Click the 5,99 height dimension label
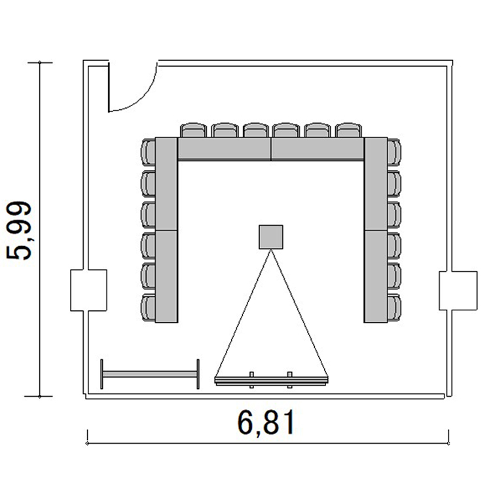pos(19,230)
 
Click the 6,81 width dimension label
pos(266,422)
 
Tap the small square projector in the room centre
pos(271,237)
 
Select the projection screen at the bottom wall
pos(272,380)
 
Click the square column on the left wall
pos(88,290)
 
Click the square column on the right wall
pos(458,291)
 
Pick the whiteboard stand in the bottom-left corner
pos(150,374)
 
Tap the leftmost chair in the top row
pos(194,130)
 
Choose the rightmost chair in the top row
pos(348,130)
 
